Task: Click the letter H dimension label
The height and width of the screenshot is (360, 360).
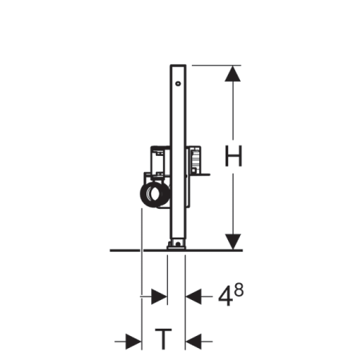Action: point(234,156)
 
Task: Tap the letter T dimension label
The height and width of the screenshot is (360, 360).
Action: point(163,339)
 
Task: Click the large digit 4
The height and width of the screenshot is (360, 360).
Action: point(225,297)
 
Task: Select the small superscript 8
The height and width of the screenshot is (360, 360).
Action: point(239,290)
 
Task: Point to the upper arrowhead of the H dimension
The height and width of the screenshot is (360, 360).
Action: point(233,74)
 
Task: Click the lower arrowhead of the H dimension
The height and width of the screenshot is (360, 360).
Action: point(233,242)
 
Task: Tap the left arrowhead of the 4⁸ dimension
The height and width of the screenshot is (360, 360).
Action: point(159,296)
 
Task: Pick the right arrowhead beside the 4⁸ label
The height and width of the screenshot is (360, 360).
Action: point(194,296)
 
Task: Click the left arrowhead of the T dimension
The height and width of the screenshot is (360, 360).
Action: point(134,342)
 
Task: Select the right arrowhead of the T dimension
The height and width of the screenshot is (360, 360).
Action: point(194,342)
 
